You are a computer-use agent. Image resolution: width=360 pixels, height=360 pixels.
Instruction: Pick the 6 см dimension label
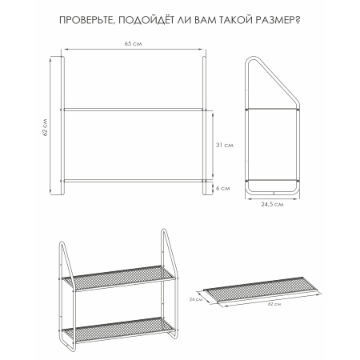coord(223,189)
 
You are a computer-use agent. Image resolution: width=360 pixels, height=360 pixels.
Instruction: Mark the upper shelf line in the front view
coord(134,108)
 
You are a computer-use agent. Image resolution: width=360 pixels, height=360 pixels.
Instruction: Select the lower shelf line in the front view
coord(134,182)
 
